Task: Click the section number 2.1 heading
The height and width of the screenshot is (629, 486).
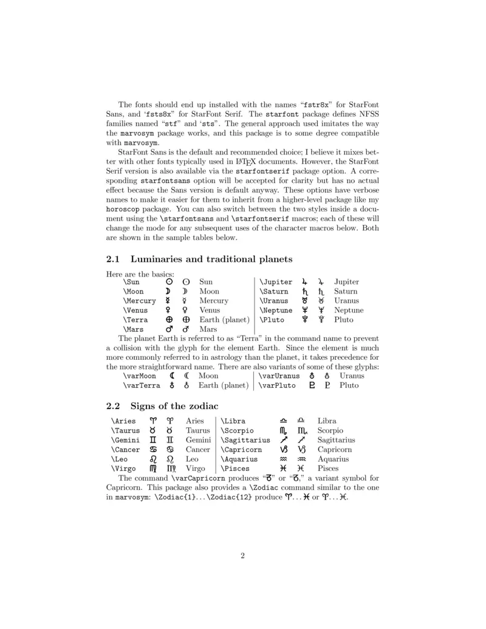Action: click(114, 260)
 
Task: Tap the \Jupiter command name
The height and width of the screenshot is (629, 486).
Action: click(276, 282)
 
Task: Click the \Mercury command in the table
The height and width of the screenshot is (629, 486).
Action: click(139, 301)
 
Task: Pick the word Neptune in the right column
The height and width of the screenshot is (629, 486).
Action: click(349, 311)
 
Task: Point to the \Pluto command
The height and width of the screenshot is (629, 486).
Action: click(272, 320)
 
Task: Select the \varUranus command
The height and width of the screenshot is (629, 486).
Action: click(280, 376)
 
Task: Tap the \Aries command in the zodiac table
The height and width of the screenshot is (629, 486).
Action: click(123, 421)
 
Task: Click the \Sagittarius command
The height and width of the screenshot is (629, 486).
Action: click(245, 440)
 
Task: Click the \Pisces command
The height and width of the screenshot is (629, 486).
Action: click(235, 469)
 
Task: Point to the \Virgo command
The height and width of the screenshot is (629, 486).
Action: click(123, 469)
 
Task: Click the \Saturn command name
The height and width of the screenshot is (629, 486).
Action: click(274, 292)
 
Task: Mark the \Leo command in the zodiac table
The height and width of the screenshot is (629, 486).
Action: click(119, 459)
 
